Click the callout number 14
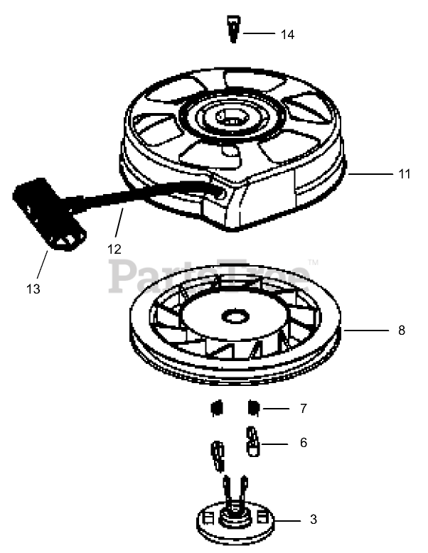coord(287,34)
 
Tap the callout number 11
coord(403,173)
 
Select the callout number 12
coord(114,249)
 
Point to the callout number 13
coord(33,289)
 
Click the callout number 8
coord(402,330)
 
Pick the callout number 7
coord(303,409)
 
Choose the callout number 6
coord(304,443)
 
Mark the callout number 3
coord(314,520)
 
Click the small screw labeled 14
coord(232,31)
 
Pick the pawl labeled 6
coord(251,441)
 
